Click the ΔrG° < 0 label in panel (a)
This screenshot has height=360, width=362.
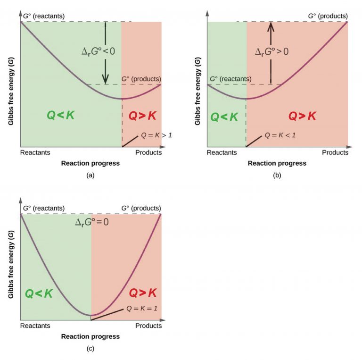click(98, 50)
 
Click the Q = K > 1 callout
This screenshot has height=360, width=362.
click(156, 135)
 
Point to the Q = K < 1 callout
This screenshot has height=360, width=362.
click(280, 135)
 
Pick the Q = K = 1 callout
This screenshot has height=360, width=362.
click(141, 309)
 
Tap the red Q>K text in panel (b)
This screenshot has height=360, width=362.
click(302, 116)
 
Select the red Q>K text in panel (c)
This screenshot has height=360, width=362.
click(143, 293)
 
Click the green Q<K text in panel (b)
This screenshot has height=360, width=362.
click(224, 117)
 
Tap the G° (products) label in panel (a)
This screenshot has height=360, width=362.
click(141, 79)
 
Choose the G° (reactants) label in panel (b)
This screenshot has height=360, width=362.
click(230, 79)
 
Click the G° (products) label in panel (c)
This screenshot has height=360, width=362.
click(141, 208)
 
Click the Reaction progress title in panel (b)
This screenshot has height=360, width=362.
click(277, 163)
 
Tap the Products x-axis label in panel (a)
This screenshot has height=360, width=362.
click(148, 152)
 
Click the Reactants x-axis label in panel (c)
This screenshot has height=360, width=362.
click(35, 326)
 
